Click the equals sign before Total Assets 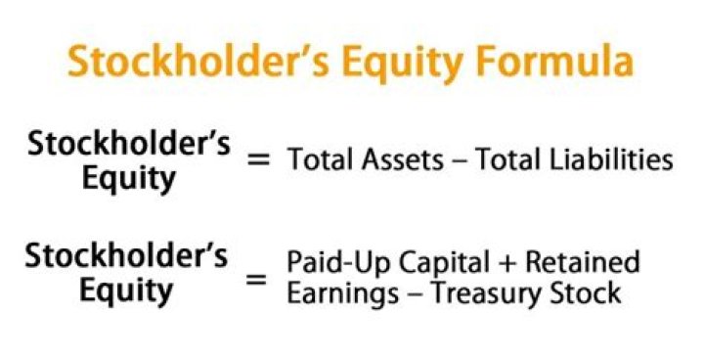(259, 159)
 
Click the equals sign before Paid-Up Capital (257, 280)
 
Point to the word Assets (403, 159)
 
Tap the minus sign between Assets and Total (459, 161)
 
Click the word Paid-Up (338, 263)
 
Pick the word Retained (583, 261)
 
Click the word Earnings (343, 294)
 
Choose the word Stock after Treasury (589, 293)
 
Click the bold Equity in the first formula (129, 180)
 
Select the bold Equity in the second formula (126, 292)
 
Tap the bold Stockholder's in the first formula (129, 144)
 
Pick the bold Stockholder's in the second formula (126, 255)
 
